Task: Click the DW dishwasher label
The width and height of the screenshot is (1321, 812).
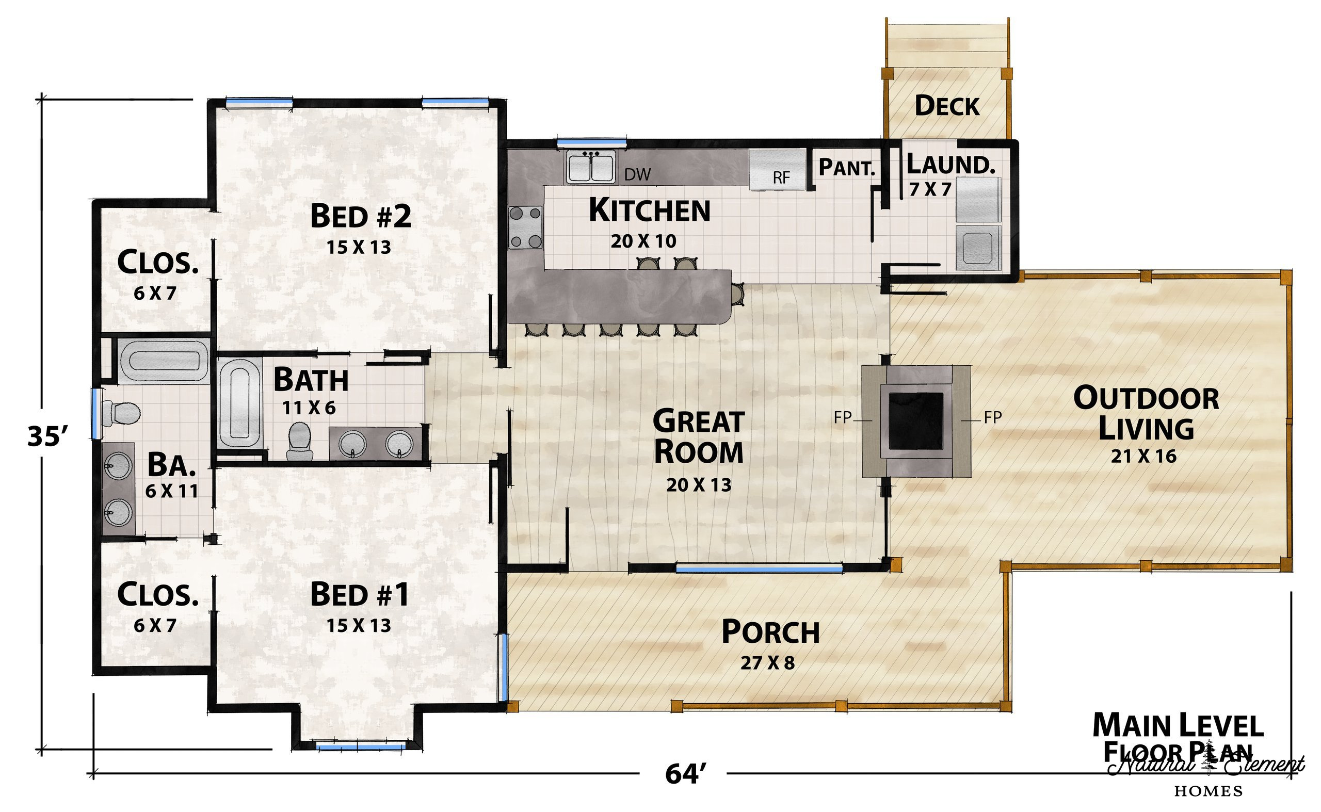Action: click(638, 174)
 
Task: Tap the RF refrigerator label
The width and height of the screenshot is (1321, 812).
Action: click(781, 178)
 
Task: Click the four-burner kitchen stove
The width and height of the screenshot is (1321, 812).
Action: click(525, 228)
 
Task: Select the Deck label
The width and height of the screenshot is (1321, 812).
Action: click(947, 106)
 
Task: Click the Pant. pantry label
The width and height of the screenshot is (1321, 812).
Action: click(847, 168)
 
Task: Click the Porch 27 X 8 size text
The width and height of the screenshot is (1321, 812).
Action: click(767, 663)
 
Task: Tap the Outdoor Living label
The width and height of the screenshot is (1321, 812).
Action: click(1146, 414)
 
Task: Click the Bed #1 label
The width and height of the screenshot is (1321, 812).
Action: click(359, 594)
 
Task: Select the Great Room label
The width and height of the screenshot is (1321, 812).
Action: click(698, 436)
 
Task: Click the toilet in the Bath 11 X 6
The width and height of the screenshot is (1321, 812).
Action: click(299, 442)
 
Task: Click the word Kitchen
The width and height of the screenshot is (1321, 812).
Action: click(650, 210)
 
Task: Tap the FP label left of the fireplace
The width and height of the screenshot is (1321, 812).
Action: click(843, 417)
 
